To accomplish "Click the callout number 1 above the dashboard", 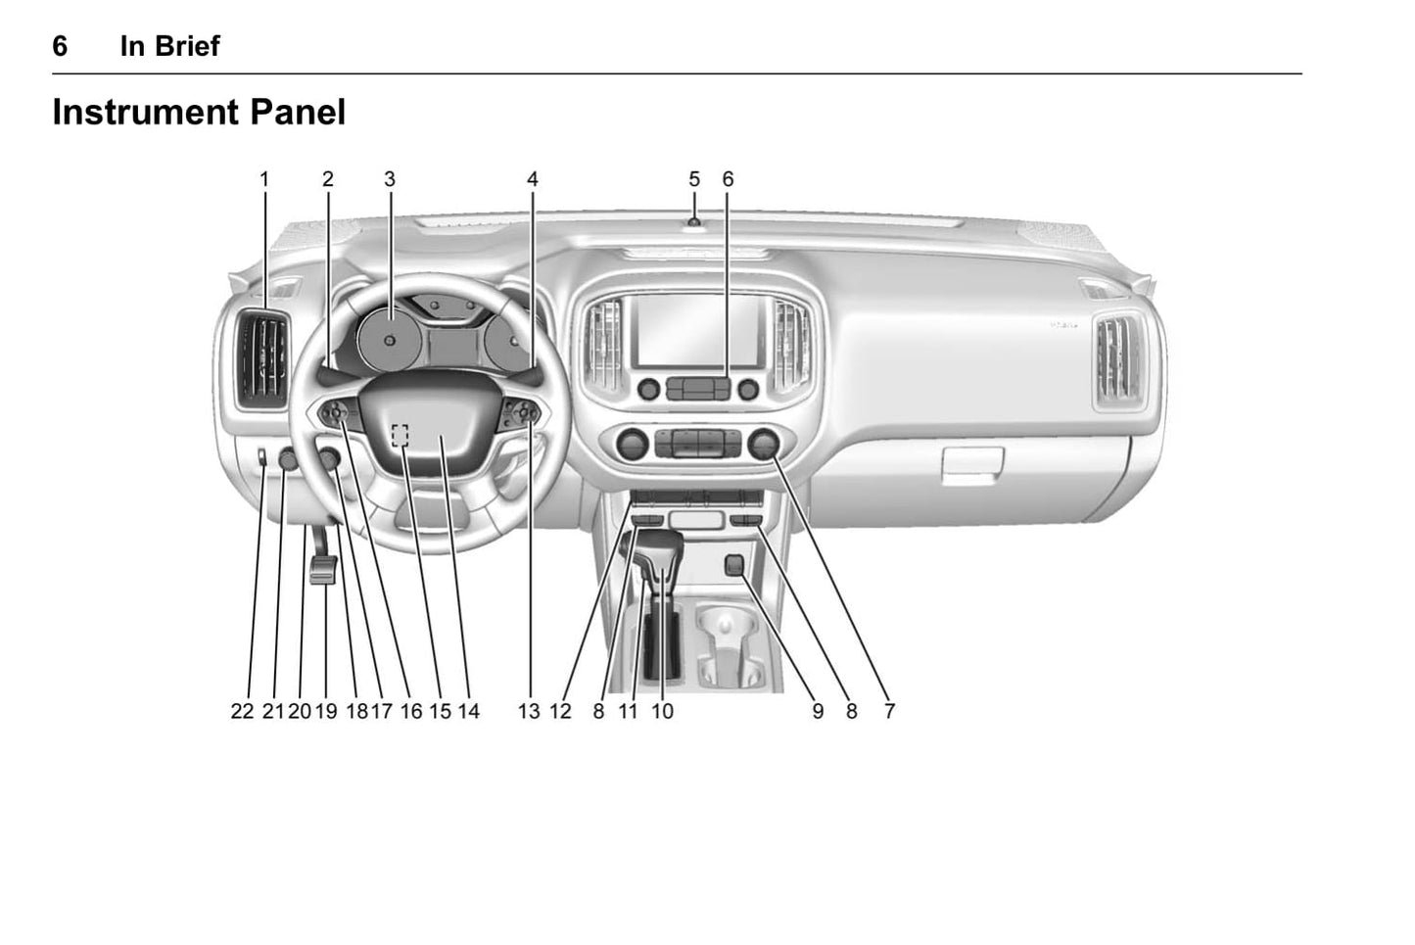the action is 264,179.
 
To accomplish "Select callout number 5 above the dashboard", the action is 694,179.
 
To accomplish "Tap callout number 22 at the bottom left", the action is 242,711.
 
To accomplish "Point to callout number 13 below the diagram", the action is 530,711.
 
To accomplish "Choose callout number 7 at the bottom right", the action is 889,711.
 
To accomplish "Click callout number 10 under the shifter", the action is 663,711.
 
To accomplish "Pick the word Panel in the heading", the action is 298,113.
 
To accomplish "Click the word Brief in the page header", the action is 188,46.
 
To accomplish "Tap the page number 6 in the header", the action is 60,46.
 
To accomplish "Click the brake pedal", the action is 323,569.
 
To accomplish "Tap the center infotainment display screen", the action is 698,330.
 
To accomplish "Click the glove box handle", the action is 972,464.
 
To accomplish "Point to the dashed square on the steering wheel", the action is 400,435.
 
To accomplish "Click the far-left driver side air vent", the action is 262,360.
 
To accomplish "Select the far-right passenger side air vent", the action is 1118,360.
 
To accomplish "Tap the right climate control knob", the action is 764,444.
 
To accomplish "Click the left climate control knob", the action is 632,444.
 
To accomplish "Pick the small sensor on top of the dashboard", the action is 694,221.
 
